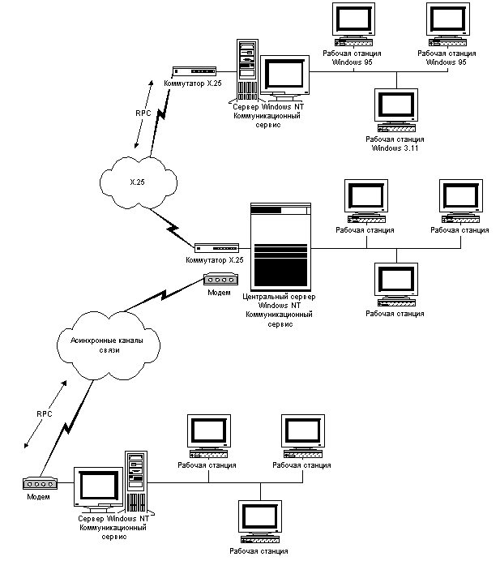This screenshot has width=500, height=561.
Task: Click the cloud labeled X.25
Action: (139, 181)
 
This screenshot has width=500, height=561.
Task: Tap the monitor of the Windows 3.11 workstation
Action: (397, 106)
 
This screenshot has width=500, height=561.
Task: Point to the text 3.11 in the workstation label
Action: (410, 148)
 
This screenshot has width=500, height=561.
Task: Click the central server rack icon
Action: (281, 246)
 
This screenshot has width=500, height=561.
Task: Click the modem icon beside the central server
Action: (220, 280)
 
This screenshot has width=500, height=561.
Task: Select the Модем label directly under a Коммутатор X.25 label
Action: (220, 293)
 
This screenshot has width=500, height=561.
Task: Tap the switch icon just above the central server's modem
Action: (216, 248)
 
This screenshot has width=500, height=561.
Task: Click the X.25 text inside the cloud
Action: (138, 182)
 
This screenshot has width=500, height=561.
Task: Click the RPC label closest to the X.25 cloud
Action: (143, 114)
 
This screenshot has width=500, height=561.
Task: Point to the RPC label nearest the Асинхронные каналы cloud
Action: (45, 413)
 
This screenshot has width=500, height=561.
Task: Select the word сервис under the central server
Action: (280, 324)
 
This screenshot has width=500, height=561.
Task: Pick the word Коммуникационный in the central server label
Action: (280, 315)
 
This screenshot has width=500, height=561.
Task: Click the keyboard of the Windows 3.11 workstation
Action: (397, 129)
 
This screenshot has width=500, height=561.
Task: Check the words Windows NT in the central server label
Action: (280, 306)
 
